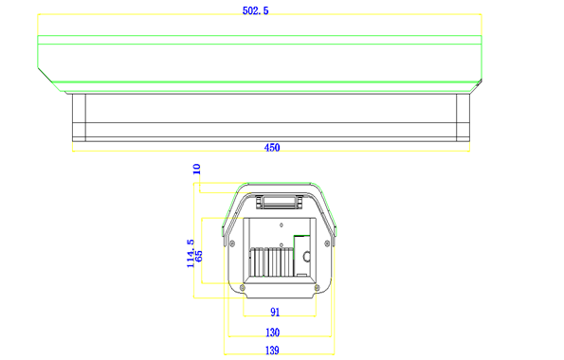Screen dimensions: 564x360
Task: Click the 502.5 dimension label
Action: click(255, 10)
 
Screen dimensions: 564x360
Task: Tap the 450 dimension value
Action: click(272, 148)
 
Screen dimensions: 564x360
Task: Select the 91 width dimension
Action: click(275, 313)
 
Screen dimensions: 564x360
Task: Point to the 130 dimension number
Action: click(272, 333)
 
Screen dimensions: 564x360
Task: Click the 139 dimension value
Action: click(272, 351)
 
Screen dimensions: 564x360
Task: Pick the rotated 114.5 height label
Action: click(191, 254)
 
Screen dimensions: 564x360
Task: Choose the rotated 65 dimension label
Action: click(198, 256)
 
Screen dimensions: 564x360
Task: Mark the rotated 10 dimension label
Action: click(196, 169)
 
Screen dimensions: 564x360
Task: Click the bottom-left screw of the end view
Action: click(243, 288)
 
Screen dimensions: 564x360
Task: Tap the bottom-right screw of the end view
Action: click(317, 288)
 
